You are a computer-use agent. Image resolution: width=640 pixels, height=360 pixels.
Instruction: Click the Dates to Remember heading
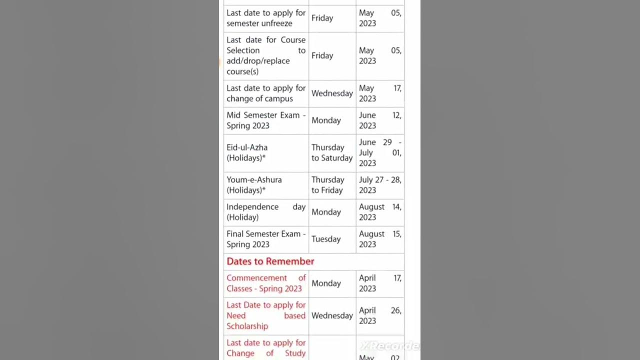[270, 261]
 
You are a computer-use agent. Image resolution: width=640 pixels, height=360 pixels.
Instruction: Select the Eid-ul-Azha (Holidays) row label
[247, 152]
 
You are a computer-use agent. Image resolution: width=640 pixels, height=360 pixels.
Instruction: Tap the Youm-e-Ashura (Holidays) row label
[254, 185]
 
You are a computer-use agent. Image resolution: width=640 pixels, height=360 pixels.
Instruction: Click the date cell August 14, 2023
[380, 212]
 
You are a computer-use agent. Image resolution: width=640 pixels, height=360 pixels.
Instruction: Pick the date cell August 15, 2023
[380, 239]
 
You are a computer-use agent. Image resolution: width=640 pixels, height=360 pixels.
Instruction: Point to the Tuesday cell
[326, 239]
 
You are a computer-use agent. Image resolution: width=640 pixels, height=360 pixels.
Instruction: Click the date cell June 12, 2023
[380, 120]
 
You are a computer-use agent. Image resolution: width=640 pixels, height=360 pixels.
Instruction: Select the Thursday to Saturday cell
[332, 152]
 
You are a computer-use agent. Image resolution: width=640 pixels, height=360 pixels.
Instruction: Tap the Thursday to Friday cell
[328, 185]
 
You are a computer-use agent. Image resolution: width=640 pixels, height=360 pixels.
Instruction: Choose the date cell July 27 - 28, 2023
[380, 185]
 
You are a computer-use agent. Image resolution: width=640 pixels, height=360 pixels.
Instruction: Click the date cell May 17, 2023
[380, 93]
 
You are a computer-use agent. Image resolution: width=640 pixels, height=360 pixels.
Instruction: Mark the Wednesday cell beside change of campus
[332, 93]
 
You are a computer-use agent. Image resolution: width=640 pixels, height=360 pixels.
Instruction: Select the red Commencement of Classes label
[266, 283]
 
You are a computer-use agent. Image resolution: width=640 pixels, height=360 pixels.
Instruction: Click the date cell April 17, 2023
[380, 283]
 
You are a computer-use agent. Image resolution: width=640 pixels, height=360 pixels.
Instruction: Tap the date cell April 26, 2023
[380, 315]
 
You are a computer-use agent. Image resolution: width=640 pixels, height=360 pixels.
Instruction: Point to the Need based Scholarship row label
[266, 315]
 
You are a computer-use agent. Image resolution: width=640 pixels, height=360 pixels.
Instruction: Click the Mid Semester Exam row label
[266, 120]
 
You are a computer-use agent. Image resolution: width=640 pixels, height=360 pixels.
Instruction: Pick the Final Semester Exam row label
[266, 239]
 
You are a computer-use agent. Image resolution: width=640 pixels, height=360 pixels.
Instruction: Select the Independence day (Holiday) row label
[266, 212]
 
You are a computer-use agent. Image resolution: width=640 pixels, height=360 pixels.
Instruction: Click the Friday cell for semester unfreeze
[322, 18]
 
